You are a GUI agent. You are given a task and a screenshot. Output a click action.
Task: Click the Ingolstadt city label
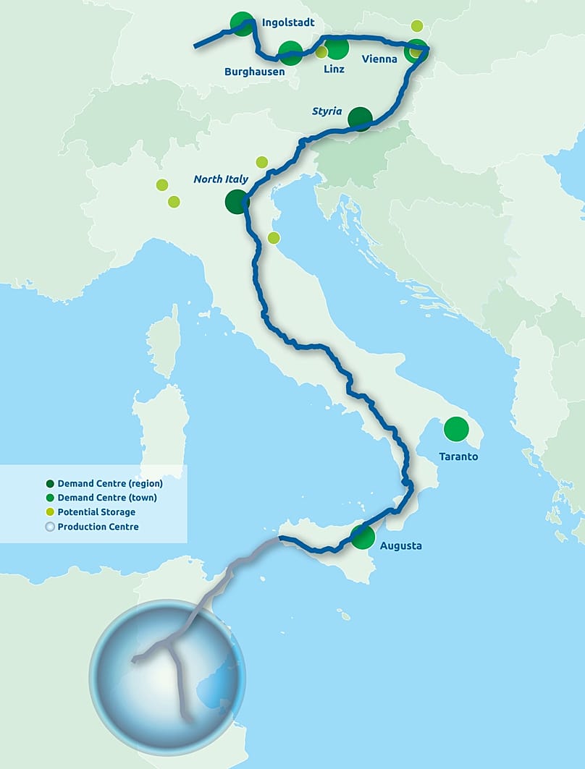point(288,23)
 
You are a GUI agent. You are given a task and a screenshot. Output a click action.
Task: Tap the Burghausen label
point(254,72)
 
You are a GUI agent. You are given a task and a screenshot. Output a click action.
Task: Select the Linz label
point(334,69)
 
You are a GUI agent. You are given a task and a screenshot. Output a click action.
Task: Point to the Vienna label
point(379,60)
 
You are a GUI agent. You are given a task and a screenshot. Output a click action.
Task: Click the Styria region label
point(327,111)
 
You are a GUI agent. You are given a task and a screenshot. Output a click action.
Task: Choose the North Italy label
point(221,179)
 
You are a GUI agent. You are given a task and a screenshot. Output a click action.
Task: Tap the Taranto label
point(458,456)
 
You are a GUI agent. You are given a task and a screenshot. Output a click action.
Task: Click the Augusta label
point(400,545)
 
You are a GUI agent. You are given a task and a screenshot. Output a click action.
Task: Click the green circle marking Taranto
point(456,429)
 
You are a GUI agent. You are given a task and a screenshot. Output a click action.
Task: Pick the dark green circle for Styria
point(360,119)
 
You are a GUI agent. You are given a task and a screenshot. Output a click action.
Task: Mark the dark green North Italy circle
point(237,202)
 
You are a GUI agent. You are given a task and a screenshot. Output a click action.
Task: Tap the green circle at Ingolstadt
point(242,24)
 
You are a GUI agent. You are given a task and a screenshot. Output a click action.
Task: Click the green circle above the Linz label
point(337,49)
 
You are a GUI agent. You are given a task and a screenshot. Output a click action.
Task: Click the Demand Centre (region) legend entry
point(109,483)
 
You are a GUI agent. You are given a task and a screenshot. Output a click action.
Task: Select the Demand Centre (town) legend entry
point(106,498)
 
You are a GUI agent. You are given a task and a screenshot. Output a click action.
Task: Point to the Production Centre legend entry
point(97,527)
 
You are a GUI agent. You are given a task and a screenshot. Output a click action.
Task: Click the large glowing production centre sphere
point(167,676)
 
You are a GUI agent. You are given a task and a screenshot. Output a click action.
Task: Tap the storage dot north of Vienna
point(417,26)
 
